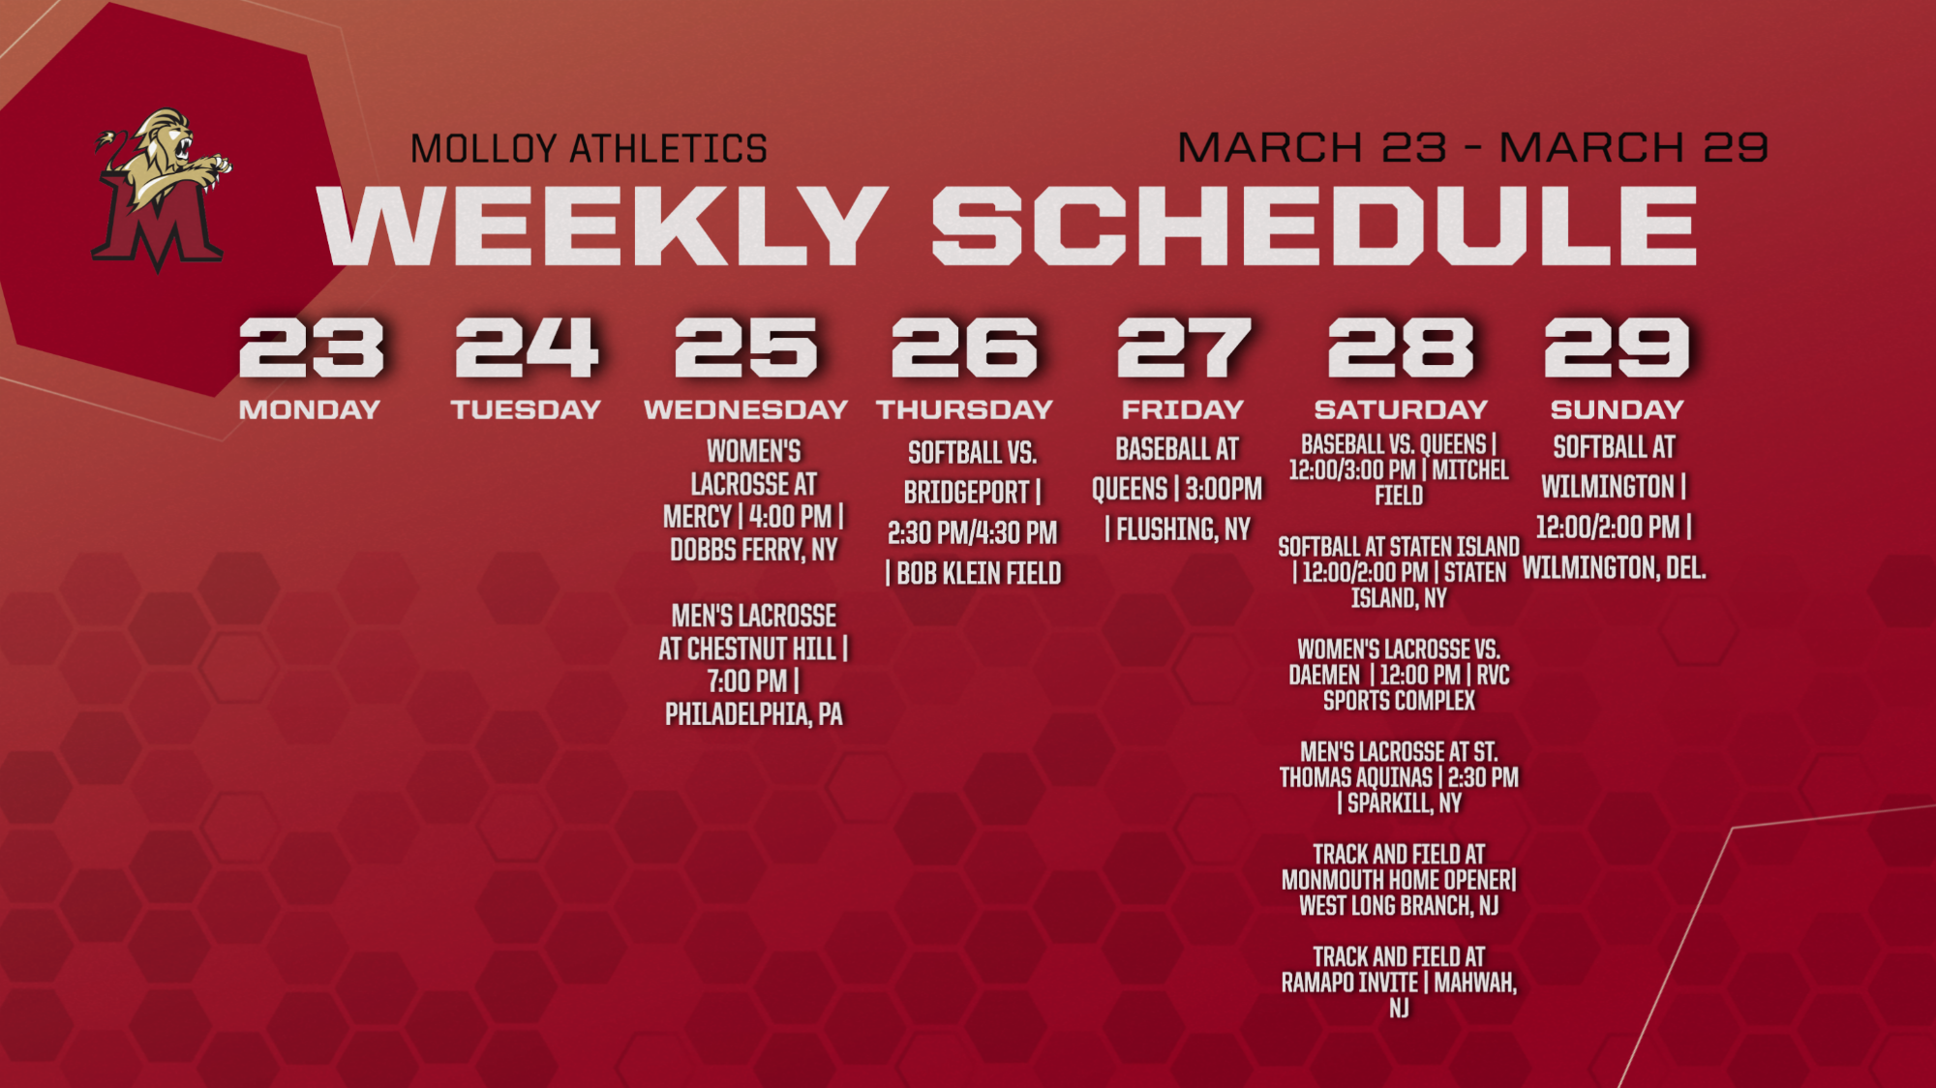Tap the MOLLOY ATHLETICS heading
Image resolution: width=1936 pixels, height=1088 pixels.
(x=589, y=149)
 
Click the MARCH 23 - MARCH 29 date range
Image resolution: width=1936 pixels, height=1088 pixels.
(x=1472, y=147)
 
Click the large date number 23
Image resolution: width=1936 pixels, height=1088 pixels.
(x=312, y=348)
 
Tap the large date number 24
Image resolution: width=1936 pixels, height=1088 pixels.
(x=527, y=348)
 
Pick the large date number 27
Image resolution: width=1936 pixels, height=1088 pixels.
(x=1184, y=348)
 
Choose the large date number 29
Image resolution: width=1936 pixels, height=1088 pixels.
(x=1617, y=348)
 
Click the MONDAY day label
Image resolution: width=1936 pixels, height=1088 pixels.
(x=310, y=409)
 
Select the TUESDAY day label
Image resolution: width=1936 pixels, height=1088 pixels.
(x=526, y=409)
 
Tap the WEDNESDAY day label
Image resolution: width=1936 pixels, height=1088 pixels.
(x=745, y=409)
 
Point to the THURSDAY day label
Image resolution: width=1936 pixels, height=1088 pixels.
(x=964, y=409)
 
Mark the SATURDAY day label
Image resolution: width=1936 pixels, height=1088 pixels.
(x=1401, y=409)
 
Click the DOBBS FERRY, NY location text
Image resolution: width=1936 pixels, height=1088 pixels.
(x=754, y=550)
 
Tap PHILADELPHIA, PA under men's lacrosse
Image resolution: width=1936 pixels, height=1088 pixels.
(x=754, y=714)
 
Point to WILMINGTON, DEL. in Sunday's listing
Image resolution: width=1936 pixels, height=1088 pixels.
(x=1614, y=567)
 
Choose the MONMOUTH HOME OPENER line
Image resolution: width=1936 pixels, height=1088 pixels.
(x=1399, y=880)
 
